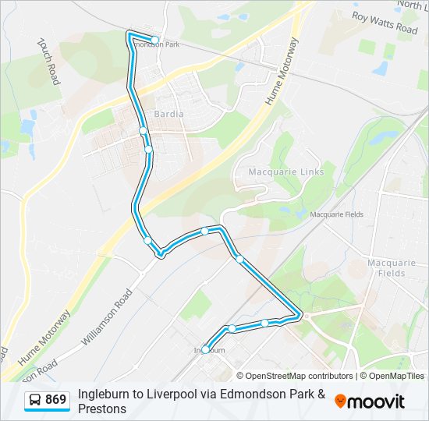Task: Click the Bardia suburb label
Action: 169,114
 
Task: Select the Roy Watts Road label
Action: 385,22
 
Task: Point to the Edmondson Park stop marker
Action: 155,40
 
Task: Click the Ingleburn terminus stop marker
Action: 206,349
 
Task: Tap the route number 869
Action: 55,400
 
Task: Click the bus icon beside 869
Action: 36,401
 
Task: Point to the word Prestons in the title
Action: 102,408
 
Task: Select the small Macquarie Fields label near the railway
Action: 337,214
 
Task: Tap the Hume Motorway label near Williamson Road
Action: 44,336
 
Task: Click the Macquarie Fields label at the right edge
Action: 397,267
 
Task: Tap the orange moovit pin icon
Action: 340,401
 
